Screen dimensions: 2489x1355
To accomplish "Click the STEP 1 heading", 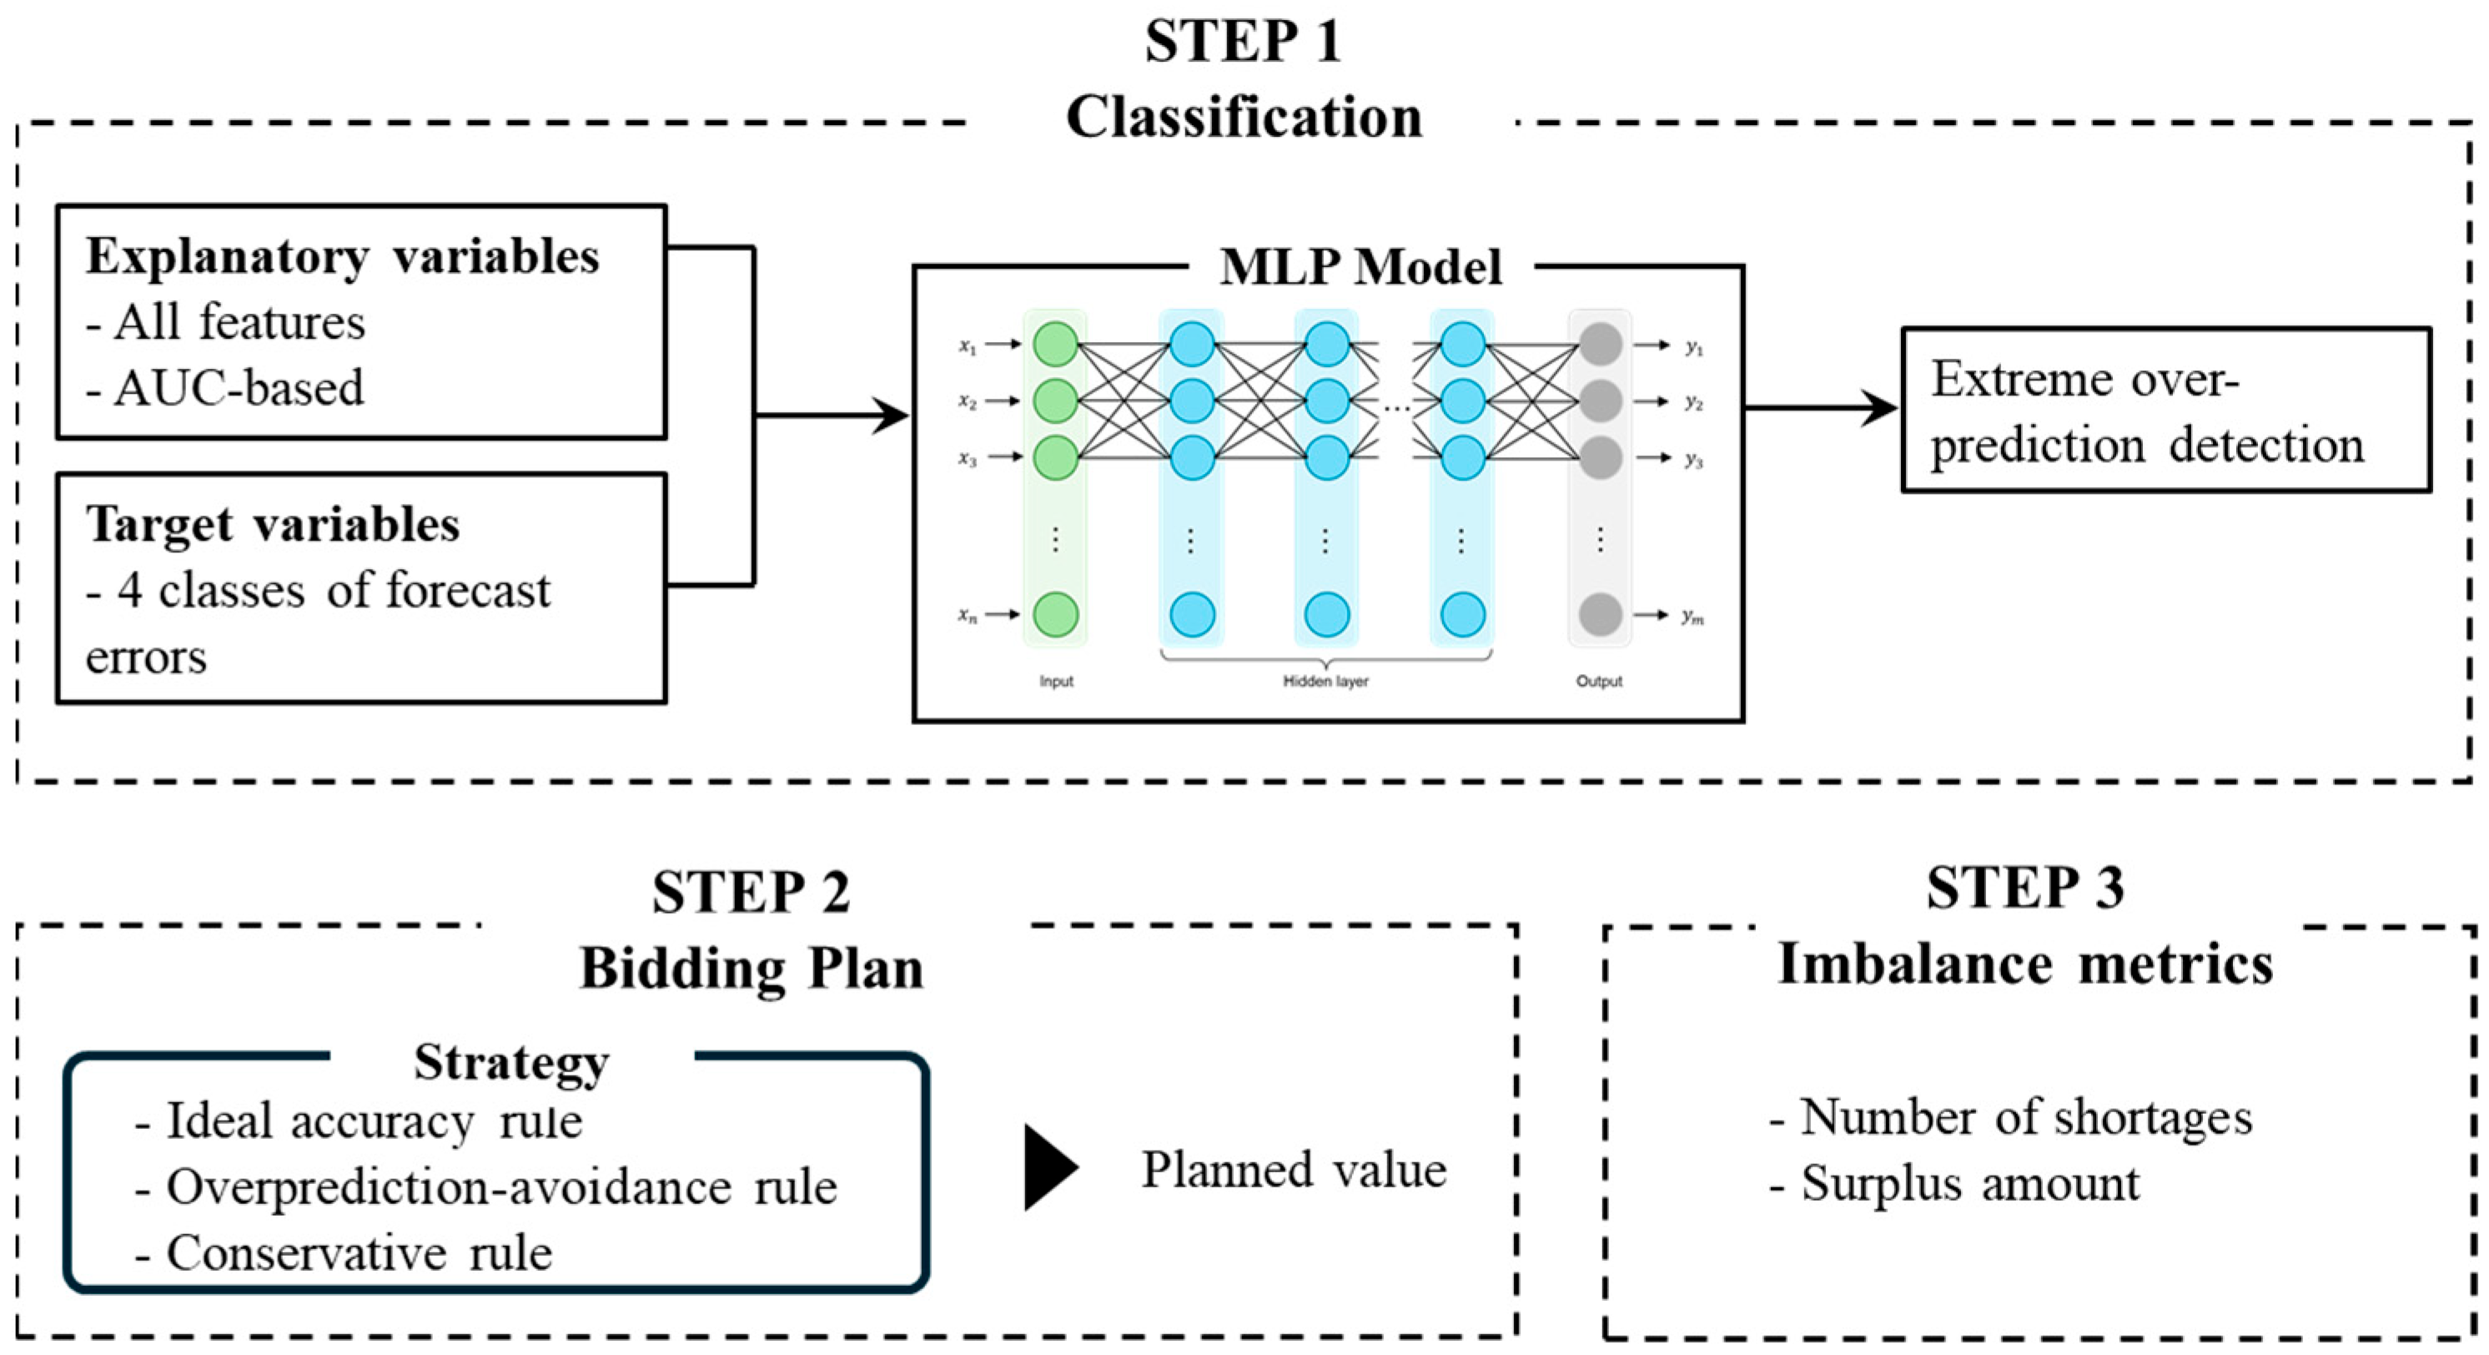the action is (x=1244, y=43).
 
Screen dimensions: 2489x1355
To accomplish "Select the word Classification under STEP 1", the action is (x=1244, y=118).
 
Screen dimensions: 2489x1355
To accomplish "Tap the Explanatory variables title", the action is (x=342, y=257).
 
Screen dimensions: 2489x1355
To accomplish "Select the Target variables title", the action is (x=273, y=525).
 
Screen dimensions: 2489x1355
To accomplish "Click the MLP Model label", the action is (x=1360, y=267).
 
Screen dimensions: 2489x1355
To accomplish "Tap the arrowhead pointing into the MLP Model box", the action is (x=891, y=416).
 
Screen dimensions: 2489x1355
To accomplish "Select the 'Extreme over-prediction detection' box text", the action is (x=2147, y=411).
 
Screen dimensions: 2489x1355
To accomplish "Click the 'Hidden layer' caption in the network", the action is (x=1325, y=682).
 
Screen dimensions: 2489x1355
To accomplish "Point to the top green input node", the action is (x=1055, y=344).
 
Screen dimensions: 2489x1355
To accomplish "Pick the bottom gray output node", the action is (x=1600, y=615).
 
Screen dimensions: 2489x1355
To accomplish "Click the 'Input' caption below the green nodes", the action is (x=1056, y=682).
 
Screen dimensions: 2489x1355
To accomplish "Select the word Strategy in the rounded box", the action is (x=511, y=1062).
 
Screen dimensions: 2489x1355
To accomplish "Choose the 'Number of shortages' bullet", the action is (x=2011, y=1117).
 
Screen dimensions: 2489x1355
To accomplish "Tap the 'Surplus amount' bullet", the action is (x=1954, y=1184).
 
